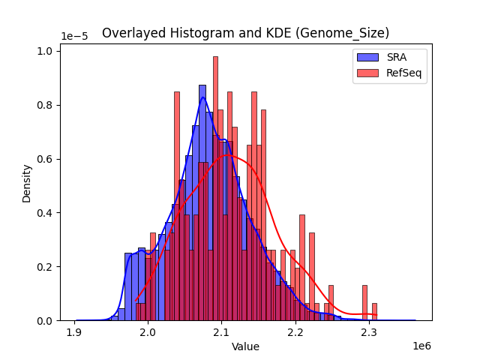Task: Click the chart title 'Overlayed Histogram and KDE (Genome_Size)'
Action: (x=245, y=33)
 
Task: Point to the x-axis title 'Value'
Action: (x=245, y=346)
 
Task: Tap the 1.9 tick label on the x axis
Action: (x=74, y=331)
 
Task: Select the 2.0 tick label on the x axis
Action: (x=148, y=331)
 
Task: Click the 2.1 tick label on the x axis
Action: (x=221, y=331)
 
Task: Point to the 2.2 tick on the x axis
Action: (x=295, y=331)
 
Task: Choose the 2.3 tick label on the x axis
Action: (x=368, y=331)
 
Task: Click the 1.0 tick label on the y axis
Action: (x=44, y=51)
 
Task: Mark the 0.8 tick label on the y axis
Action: (x=44, y=105)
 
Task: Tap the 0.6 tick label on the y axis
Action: (x=44, y=159)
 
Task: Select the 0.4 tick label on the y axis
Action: (x=44, y=213)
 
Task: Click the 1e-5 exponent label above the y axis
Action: (x=74, y=36)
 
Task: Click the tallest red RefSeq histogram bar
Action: (x=215, y=187)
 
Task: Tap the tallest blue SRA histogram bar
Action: (x=202, y=202)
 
